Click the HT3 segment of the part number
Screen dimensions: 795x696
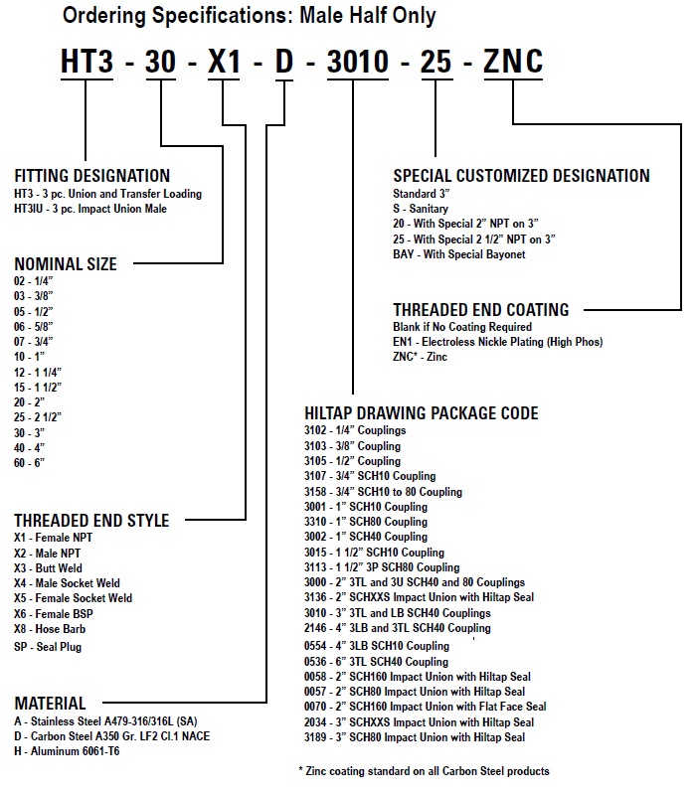pyautogui.click(x=87, y=61)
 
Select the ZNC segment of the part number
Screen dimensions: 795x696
pyautogui.click(x=512, y=61)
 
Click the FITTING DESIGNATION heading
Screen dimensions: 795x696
pyautogui.click(x=91, y=176)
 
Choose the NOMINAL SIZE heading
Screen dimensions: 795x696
pyautogui.click(x=66, y=264)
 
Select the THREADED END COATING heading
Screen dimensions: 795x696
pyautogui.click(x=481, y=309)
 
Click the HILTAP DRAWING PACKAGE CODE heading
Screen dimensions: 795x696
pyautogui.click(x=422, y=413)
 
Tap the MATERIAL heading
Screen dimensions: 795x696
pyautogui.click(x=50, y=704)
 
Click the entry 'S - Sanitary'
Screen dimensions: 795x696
pyautogui.click(x=422, y=209)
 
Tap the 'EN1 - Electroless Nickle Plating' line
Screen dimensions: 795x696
pyautogui.click(x=497, y=342)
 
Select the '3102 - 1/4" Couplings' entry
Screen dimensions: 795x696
pyautogui.click(x=355, y=431)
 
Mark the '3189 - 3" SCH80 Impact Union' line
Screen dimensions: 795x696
pyautogui.click(x=415, y=737)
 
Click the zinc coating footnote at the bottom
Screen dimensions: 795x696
pyautogui.click(x=424, y=771)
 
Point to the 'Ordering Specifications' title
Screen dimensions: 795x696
pyautogui.click(x=249, y=16)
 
